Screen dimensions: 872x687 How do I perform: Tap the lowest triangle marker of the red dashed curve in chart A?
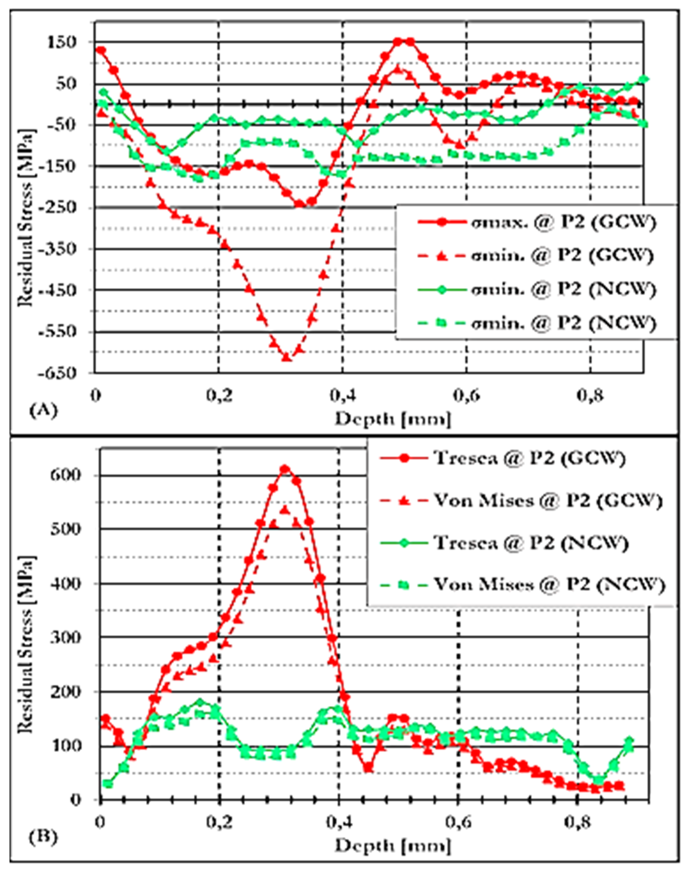tap(286, 357)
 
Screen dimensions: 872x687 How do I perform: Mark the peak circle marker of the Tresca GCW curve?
tap(285, 469)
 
